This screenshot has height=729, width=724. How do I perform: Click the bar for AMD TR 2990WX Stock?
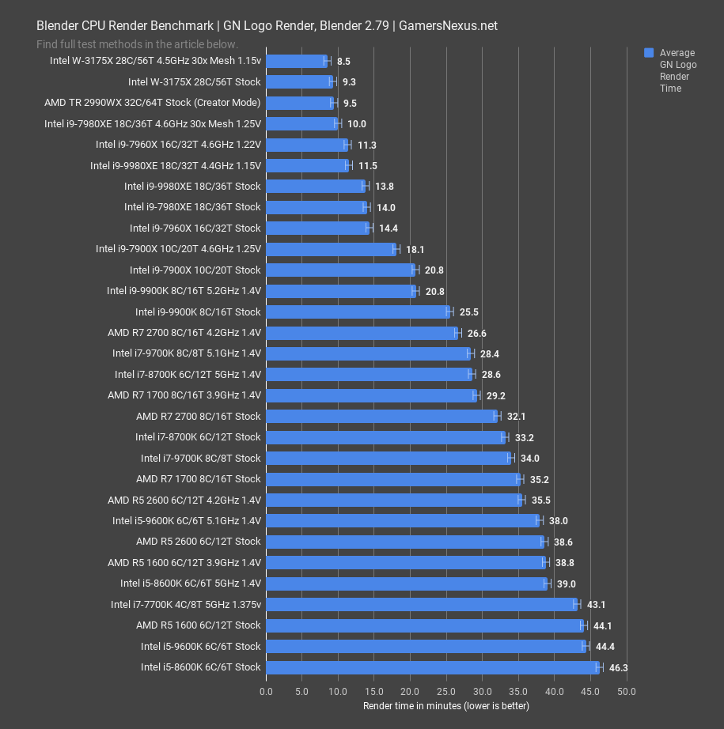(300, 103)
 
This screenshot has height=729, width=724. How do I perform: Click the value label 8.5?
(343, 61)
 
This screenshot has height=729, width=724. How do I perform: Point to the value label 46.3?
(618, 667)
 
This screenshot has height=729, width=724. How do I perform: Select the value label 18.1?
(414, 249)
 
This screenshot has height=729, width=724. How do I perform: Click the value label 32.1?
(515, 416)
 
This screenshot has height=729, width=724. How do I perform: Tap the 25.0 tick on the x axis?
(446, 691)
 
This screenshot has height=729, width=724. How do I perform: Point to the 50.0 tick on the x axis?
(627, 691)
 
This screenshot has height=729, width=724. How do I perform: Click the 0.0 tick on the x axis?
(267, 691)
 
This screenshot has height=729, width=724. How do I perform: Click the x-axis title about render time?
(445, 705)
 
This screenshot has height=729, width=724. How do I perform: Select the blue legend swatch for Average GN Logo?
(649, 53)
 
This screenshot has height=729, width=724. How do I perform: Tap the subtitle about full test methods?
(137, 44)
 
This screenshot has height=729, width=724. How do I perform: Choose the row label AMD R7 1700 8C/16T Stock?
(198, 479)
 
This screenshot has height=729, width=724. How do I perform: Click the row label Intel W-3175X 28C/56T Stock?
(194, 81)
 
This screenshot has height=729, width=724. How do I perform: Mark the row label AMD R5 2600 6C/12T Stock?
(198, 542)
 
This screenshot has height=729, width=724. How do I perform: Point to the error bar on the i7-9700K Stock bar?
(511, 458)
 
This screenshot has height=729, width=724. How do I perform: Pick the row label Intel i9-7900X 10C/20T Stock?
(195, 270)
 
